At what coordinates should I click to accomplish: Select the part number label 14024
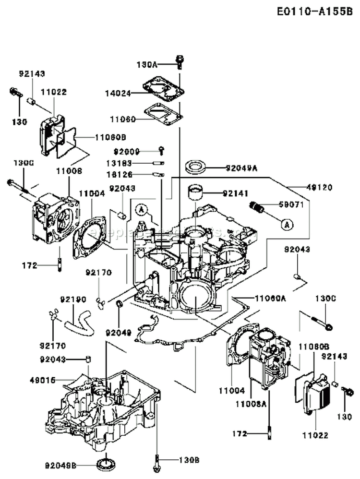(118, 93)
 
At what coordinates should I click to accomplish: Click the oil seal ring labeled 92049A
(195, 168)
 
